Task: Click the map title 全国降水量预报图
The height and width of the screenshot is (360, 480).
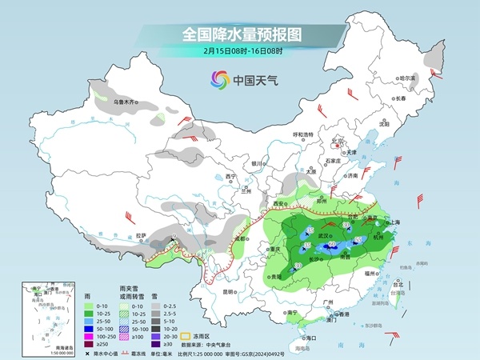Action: click(x=239, y=34)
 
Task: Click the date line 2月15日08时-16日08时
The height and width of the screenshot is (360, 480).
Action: click(x=239, y=53)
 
